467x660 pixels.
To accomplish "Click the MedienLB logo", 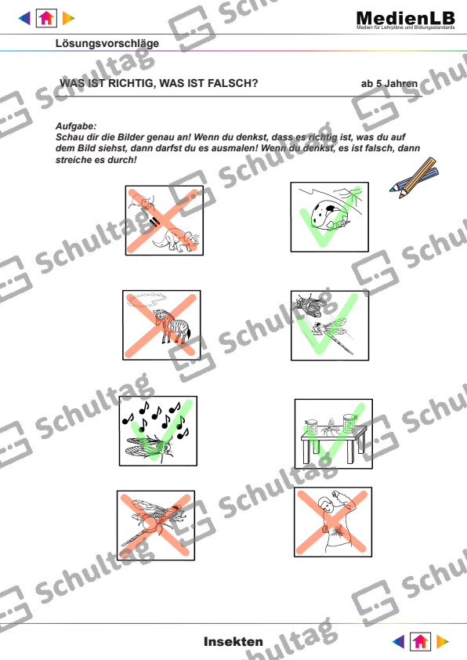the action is pos(406,20).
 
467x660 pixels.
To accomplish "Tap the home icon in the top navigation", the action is pos(46,18).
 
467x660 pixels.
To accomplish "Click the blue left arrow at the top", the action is pos(24,18).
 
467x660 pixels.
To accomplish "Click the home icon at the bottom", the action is pos(420,641).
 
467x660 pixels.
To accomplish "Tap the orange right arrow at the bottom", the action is pos(443,641).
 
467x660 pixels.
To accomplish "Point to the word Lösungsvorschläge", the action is pos(107,43).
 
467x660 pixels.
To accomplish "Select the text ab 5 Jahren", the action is pos(389,84).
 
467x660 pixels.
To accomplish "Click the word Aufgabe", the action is pos(76,126).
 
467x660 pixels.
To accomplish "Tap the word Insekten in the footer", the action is pos(233,641).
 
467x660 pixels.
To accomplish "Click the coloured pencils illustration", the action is pos(414,178).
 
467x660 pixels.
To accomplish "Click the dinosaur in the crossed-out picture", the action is pos(176,240).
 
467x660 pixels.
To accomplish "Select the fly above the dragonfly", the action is pos(310,304).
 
